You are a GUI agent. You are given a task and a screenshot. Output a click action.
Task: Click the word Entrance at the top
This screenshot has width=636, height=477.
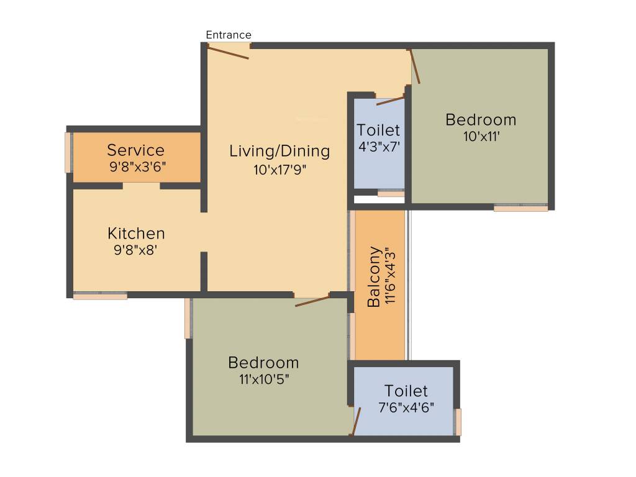tap(229, 35)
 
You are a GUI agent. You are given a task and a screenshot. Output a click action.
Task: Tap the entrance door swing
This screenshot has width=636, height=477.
tap(228, 53)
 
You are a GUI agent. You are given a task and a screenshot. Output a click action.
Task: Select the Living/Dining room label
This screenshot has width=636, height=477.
tap(279, 151)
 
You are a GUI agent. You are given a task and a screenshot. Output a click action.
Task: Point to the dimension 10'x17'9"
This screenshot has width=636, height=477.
tap(279, 170)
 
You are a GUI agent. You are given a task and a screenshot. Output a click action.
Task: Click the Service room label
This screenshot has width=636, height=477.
tap(136, 150)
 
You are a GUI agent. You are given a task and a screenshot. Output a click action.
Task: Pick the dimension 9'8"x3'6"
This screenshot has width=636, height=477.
tap(137, 166)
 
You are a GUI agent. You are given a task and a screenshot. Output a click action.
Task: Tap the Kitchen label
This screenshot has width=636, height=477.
tap(136, 234)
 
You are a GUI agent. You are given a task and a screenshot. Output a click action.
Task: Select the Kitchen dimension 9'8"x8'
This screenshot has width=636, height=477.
tap(136, 250)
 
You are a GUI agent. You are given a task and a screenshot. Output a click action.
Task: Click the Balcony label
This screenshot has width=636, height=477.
tap(373, 277)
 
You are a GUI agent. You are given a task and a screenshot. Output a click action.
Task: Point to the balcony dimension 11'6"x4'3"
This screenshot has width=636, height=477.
tap(390, 277)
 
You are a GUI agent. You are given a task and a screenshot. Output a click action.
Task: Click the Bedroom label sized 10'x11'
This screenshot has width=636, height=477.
tap(481, 119)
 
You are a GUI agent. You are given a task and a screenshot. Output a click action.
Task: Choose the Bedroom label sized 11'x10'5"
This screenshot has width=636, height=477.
tap(263, 362)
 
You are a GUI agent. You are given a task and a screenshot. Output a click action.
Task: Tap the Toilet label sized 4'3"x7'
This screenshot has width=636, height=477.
tap(378, 130)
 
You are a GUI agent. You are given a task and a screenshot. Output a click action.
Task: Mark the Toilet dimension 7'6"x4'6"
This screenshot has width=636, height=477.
tap(406, 407)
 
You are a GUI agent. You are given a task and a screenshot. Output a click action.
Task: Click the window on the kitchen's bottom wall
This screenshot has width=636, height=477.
tap(100, 296)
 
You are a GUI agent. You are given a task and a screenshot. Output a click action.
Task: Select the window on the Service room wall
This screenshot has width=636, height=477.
tap(68, 152)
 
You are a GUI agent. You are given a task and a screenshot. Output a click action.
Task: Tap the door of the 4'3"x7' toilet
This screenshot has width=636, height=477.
tap(391, 100)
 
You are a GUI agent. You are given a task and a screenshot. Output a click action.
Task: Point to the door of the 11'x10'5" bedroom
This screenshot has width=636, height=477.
tap(312, 301)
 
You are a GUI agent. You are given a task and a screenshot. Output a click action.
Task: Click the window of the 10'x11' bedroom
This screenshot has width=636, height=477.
tap(520, 208)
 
